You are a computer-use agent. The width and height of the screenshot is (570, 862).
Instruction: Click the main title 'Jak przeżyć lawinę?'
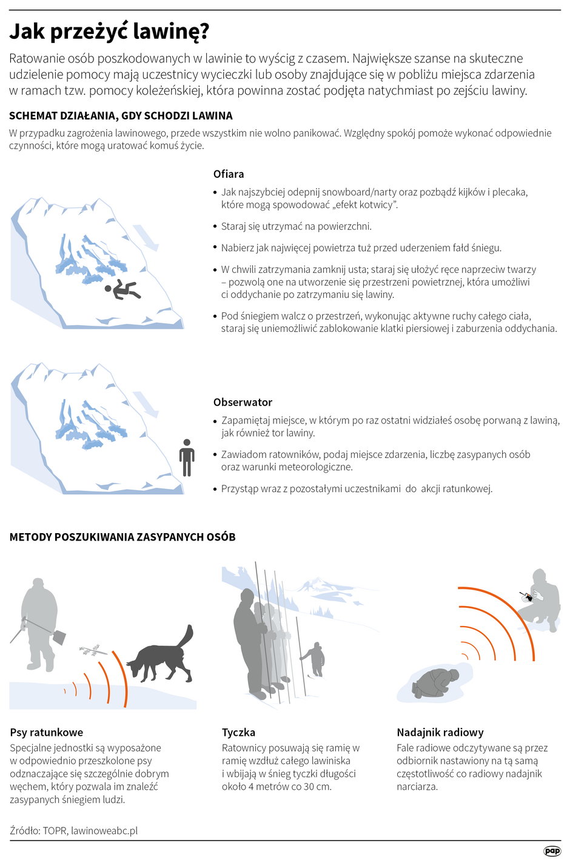[109, 32]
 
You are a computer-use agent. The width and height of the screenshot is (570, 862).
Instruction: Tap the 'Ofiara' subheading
[229, 174]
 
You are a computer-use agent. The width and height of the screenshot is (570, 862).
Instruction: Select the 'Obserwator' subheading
[243, 402]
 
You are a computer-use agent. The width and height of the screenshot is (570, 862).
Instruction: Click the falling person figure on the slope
[123, 290]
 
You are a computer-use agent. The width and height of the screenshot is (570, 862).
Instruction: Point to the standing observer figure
[187, 457]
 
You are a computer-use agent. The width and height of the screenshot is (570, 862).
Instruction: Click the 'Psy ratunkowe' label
[47, 732]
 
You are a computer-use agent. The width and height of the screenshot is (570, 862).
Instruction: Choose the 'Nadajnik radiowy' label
[440, 732]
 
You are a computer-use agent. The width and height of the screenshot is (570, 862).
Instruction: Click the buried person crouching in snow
[436, 684]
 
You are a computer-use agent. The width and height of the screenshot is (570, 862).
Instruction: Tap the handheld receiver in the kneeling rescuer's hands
[528, 598]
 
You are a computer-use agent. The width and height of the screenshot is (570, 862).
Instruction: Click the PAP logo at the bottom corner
[552, 851]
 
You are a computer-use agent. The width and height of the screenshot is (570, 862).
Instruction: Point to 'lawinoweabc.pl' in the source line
[104, 830]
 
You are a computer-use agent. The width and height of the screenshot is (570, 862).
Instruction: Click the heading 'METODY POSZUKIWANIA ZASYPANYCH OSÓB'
[122, 537]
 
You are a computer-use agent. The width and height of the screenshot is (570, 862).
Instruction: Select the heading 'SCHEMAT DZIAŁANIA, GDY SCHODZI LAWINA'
[121, 115]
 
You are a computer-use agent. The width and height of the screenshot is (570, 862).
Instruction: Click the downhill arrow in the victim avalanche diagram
[146, 238]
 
